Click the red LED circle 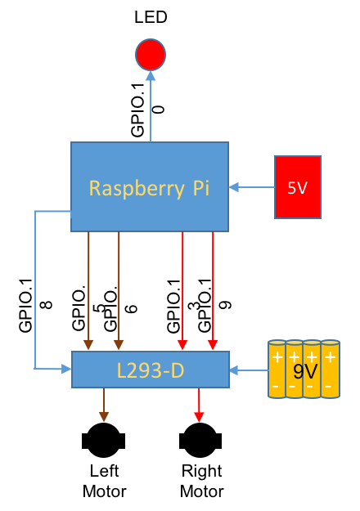pyautogui.click(x=151, y=55)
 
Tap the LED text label pyautogui.click(x=151, y=17)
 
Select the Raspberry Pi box pyautogui.click(x=150, y=186)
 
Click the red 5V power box pyautogui.click(x=298, y=187)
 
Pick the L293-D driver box pyautogui.click(x=151, y=370)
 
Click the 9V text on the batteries pyautogui.click(x=305, y=371)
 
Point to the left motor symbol pyautogui.click(x=104, y=441)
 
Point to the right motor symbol pyautogui.click(x=200, y=441)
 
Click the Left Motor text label pyautogui.click(x=105, y=482)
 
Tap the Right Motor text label pyautogui.click(x=202, y=482)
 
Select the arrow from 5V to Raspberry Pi pyautogui.click(x=252, y=187)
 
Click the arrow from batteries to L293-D pyautogui.click(x=249, y=370)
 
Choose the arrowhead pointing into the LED pyautogui.click(x=151, y=75)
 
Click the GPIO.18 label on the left pyautogui.click(x=35, y=306)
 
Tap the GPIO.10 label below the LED pyautogui.click(x=147, y=110)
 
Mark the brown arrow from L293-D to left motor pyautogui.click(x=104, y=405)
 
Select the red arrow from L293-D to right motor pyautogui.click(x=199, y=405)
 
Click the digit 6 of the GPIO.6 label pyautogui.click(x=132, y=308)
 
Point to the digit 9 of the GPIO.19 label pyautogui.click(x=225, y=305)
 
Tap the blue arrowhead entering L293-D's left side pyautogui.click(x=66, y=369)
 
